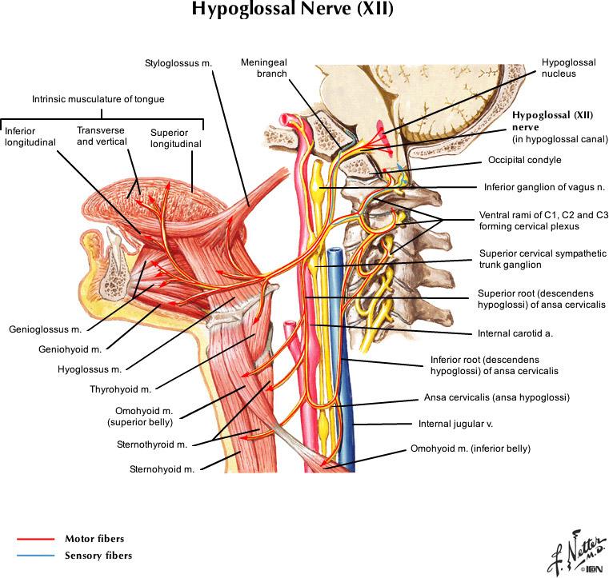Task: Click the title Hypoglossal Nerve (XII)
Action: [292, 12]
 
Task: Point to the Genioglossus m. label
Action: [47, 328]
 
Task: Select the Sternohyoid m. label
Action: [163, 469]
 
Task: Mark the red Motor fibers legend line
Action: [34, 539]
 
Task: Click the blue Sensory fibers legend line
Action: [34, 555]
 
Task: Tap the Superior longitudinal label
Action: [176, 138]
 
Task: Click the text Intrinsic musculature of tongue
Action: [98, 99]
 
